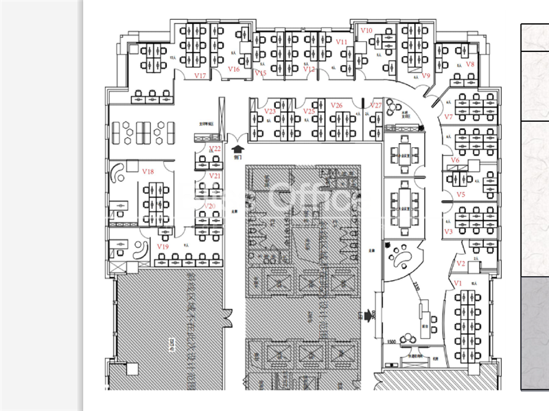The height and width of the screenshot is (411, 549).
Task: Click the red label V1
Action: (458, 283)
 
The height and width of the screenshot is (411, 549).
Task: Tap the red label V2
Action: (461, 264)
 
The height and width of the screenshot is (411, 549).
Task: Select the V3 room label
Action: (449, 232)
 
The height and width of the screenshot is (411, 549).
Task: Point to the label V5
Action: (461, 195)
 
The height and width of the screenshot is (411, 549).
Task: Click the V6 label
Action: (455, 160)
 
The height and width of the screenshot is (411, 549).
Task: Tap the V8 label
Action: (470, 64)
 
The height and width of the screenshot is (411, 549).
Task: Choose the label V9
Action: (425, 75)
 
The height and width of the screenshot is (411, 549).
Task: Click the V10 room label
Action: (366, 32)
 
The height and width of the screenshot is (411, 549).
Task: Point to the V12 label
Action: (309, 69)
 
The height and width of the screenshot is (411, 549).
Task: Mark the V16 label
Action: (234, 68)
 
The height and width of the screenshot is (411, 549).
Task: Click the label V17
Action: (200, 75)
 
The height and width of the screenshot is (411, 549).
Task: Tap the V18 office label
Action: (148, 171)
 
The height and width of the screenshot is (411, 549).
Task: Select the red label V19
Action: (163, 246)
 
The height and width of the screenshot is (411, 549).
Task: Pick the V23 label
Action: (270, 111)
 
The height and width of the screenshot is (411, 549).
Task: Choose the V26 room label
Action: (336, 105)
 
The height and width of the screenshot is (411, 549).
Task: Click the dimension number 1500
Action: (391, 341)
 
